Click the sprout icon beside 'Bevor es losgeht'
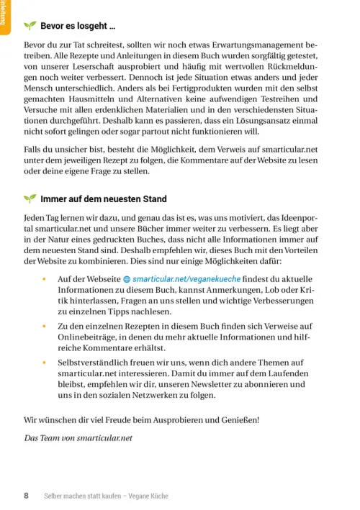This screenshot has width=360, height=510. coord(30,26)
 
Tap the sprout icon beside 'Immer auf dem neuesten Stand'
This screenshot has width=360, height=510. coord(30,199)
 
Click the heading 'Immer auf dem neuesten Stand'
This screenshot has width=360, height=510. coord(104,199)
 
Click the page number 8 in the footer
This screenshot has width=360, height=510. coord(27,496)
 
